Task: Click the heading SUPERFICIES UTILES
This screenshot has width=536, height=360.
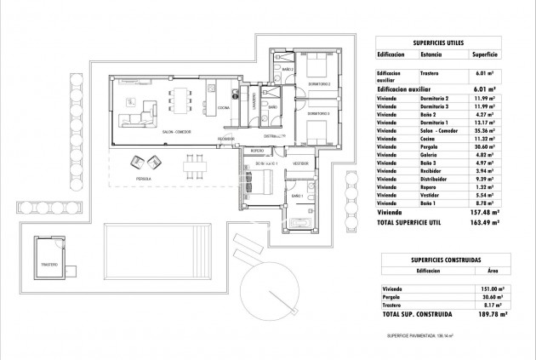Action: click(x=444, y=40)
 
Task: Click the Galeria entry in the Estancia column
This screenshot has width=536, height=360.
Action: click(x=431, y=153)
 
